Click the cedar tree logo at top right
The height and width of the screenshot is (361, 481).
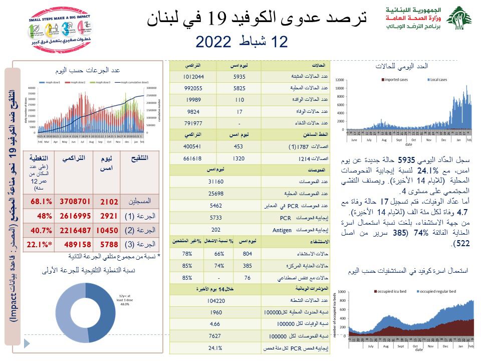tap(458, 19)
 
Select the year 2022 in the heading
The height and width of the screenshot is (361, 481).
tap(213, 42)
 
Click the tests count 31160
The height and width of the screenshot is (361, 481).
tap(215, 181)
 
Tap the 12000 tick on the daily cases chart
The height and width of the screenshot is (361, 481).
tap(340, 80)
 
